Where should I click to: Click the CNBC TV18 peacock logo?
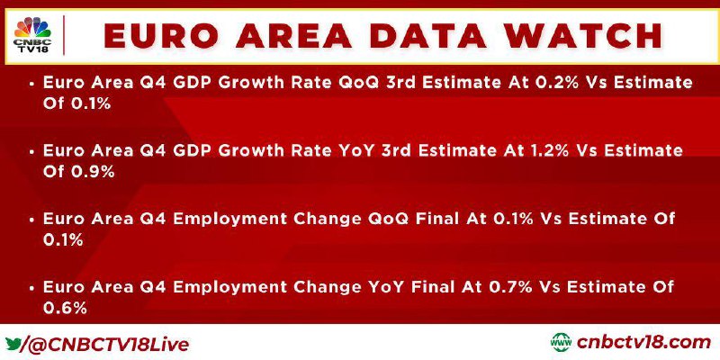[32, 34]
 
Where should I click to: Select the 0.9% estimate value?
[92, 172]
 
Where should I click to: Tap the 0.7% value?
[510, 287]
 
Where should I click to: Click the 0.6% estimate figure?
[65, 309]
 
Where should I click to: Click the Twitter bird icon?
[13, 343]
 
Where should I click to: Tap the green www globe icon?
[561, 343]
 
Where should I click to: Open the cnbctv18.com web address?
[643, 343]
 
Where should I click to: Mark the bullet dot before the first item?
[31, 84]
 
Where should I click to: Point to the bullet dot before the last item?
[31, 288]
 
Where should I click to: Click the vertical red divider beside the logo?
[63, 35]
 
